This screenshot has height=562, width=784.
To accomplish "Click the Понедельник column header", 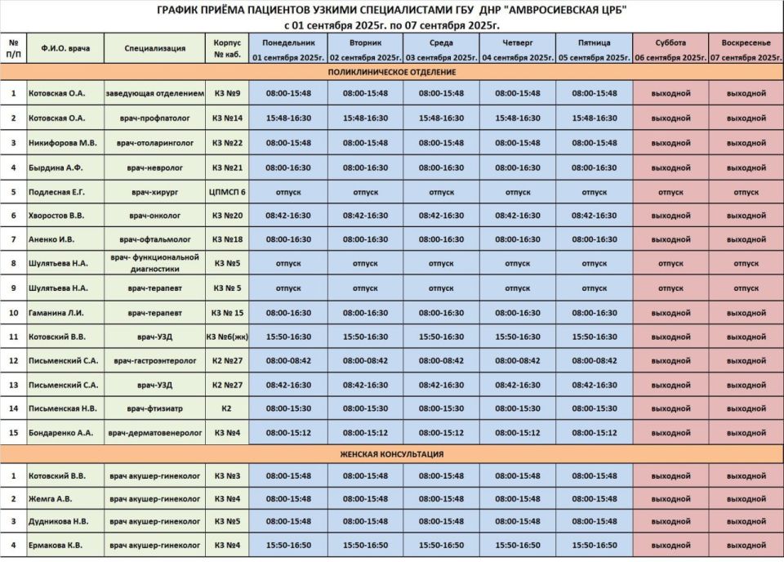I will (288, 42).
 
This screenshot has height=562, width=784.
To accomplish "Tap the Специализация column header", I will (154, 48).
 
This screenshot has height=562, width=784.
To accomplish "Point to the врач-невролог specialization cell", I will (154, 167).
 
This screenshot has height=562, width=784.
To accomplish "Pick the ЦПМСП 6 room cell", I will (227, 192).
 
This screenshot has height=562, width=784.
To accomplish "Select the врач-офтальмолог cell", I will (154, 240).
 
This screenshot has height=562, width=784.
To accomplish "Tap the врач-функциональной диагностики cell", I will (154, 263).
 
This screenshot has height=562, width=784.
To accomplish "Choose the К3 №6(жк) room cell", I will (227, 337).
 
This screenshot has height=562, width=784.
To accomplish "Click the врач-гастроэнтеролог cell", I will (154, 360).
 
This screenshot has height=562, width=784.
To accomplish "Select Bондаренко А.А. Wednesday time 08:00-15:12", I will (441, 432).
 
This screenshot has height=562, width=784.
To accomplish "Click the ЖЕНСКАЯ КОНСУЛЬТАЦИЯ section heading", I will (392, 453).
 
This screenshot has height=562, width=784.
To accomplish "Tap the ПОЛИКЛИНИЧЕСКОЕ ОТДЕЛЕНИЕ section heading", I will (392, 72).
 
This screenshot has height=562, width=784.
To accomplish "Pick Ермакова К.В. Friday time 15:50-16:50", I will (595, 545).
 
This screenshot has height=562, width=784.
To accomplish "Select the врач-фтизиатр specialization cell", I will (154, 408).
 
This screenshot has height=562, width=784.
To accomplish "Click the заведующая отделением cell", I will (154, 93).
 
